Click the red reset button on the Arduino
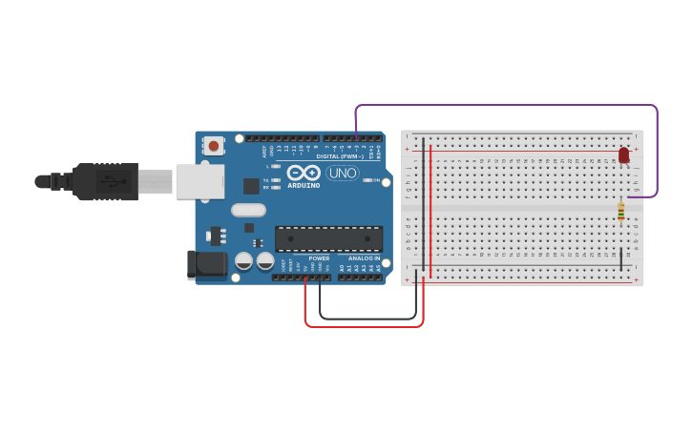tap(214, 146)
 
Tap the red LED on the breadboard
tap(624, 154)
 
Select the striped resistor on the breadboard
tap(621, 212)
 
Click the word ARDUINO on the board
tap(304, 186)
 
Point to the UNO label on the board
tap(343, 174)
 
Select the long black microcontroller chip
tap(328, 238)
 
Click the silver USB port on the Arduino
tap(199, 181)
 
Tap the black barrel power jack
tap(207, 264)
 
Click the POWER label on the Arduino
tap(319, 258)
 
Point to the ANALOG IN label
tap(363, 258)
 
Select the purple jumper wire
tap(506, 105)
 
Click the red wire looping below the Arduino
tap(363, 326)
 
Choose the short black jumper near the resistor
tap(622, 257)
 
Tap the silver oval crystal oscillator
tap(247, 211)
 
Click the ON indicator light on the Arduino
tap(367, 180)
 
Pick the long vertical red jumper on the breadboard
tap(430, 210)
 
